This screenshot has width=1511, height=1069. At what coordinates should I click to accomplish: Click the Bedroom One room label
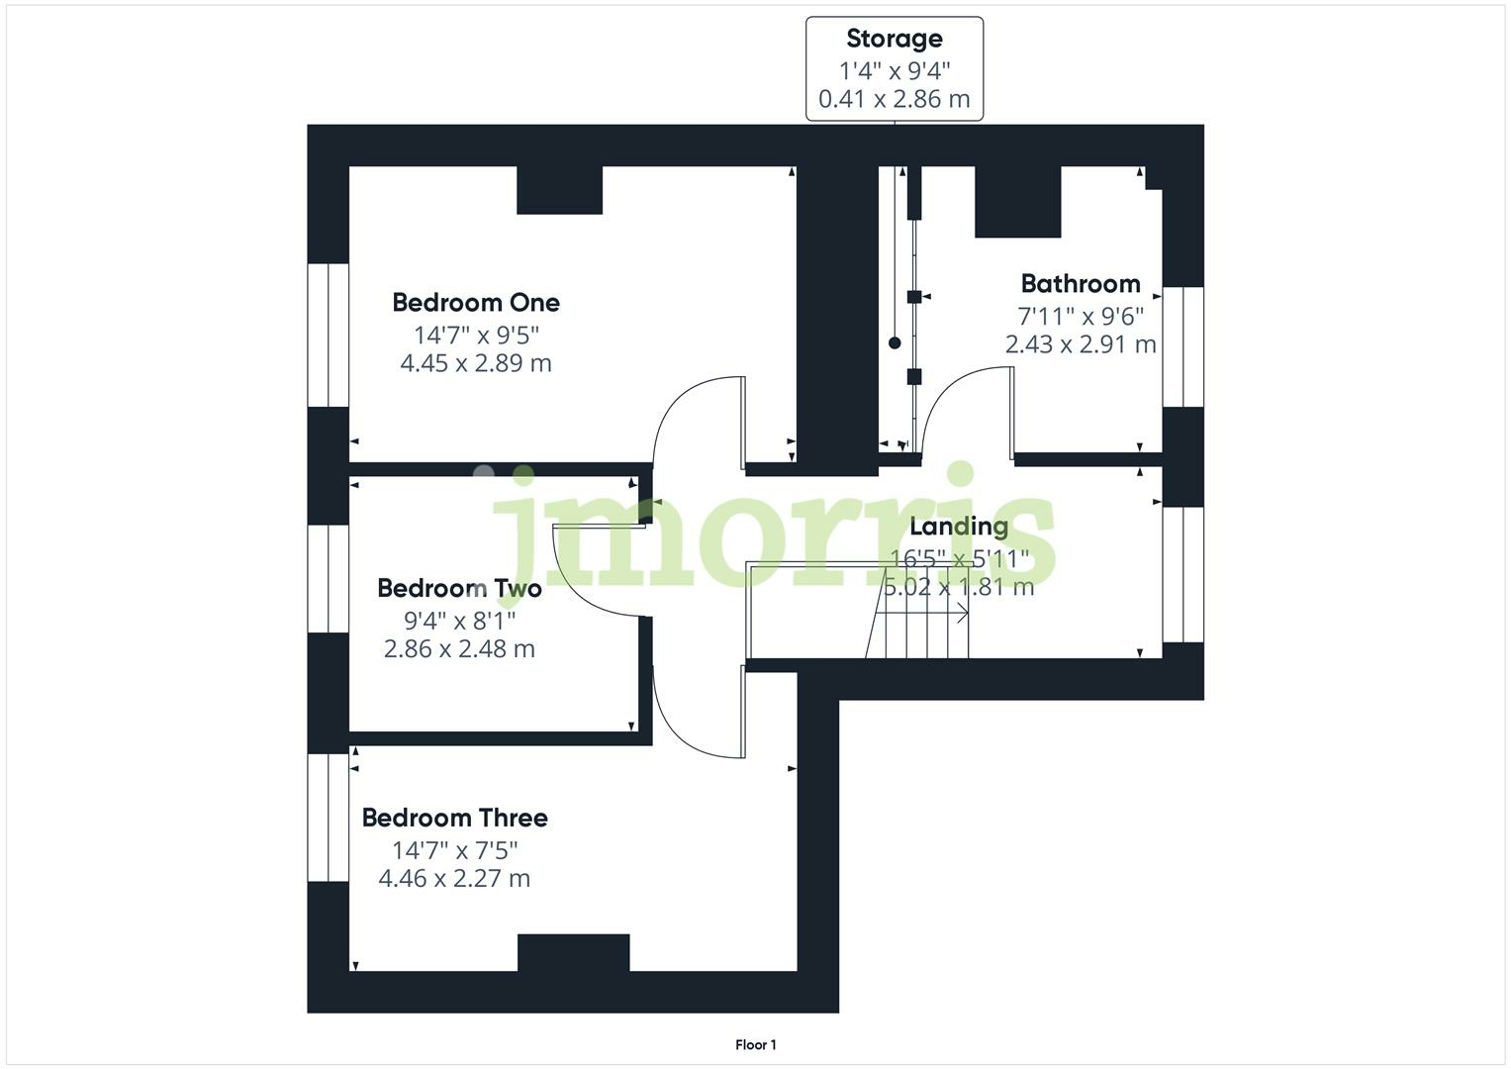tap(476, 303)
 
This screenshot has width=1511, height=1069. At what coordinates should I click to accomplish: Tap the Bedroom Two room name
tap(459, 589)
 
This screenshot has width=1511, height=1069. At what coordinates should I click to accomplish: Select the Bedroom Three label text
tap(454, 818)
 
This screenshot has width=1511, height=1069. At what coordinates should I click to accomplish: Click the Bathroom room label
tap(1081, 284)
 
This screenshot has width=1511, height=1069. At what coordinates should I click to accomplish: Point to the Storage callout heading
tap(895, 39)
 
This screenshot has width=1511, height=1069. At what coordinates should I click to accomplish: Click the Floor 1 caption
tap(756, 1045)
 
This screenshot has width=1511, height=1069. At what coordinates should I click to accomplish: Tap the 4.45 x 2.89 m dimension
tap(476, 363)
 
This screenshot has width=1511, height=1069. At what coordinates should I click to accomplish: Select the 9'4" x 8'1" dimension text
tap(460, 621)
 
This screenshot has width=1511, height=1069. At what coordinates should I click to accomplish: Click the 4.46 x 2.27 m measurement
tap(454, 879)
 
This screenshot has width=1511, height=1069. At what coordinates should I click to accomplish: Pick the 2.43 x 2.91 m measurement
tap(1081, 344)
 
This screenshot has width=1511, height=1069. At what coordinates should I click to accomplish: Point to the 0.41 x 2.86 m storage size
tap(895, 99)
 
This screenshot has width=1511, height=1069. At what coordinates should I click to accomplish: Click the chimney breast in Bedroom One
tap(560, 190)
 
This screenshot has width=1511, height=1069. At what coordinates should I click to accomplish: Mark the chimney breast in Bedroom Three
tap(573, 953)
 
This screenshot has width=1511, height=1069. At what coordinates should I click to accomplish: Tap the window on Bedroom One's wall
tap(328, 335)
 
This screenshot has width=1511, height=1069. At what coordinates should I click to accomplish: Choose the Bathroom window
tap(1182, 346)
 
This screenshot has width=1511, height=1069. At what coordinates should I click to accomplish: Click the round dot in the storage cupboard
tap(895, 343)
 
